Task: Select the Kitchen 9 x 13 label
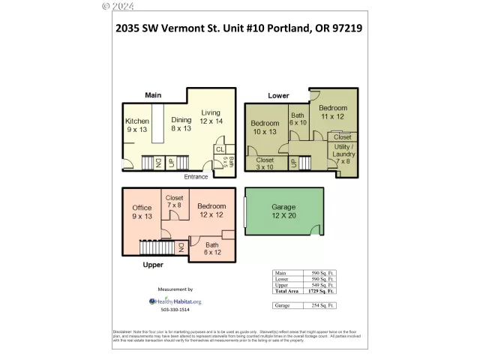[x=137, y=126]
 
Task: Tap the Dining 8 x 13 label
[x=181, y=124]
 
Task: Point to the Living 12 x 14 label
[x=211, y=117]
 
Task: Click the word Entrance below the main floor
[x=196, y=177]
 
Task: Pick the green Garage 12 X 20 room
[x=283, y=212]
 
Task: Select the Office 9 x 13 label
[x=142, y=212]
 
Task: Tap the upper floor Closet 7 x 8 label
[x=174, y=201]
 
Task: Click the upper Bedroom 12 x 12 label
[x=211, y=210]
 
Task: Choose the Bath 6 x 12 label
[x=214, y=248]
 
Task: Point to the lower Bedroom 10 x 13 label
[x=265, y=127]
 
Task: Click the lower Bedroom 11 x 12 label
[x=334, y=112]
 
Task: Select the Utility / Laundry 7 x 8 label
[x=344, y=154]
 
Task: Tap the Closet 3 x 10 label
[x=265, y=163]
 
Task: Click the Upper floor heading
[x=153, y=265]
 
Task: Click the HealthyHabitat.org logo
[x=175, y=301]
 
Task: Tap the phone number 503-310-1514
[x=175, y=310]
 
